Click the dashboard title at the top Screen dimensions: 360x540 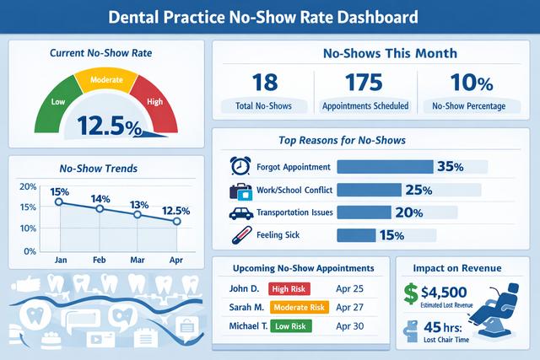pyautogui.click(x=270, y=17)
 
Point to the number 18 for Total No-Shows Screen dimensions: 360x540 pyautogui.click(x=266, y=83)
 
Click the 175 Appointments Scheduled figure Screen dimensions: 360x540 pyautogui.click(x=366, y=83)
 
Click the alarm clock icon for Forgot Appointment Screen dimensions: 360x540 pyautogui.click(x=240, y=166)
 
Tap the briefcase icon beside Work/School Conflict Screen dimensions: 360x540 pyautogui.click(x=240, y=190)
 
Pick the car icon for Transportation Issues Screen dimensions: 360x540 pyautogui.click(x=240, y=212)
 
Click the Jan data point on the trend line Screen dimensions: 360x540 pyautogui.click(x=59, y=202)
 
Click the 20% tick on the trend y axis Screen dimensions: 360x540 pyautogui.click(x=26, y=186)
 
